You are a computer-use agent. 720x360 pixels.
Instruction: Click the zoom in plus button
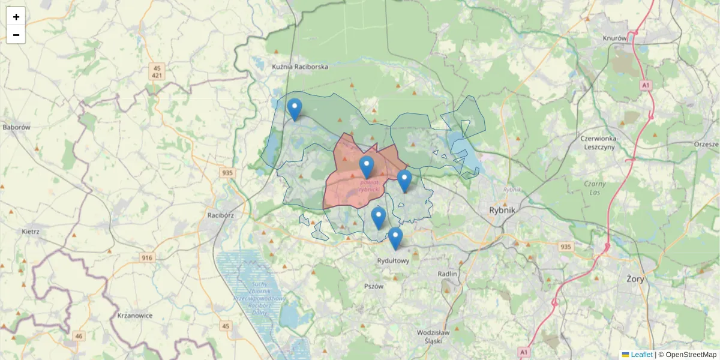pos(16,17)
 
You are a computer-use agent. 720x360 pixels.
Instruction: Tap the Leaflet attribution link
pos(641,355)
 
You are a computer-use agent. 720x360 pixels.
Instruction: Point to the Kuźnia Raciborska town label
pos(300,67)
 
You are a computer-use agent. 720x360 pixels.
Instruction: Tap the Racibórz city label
pos(220,214)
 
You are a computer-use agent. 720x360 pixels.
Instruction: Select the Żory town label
pos(635,279)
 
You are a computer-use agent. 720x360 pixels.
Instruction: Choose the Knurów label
pos(614,38)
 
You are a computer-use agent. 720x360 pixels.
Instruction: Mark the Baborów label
pos(16,127)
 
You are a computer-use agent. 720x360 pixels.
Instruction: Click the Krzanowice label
pos(135,316)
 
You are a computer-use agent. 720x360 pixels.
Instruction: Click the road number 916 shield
pos(148,257)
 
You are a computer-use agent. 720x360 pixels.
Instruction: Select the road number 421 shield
pos(157,76)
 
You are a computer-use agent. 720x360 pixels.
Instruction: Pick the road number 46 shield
pos(79,336)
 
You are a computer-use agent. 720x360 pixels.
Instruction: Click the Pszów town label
pos(373,286)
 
